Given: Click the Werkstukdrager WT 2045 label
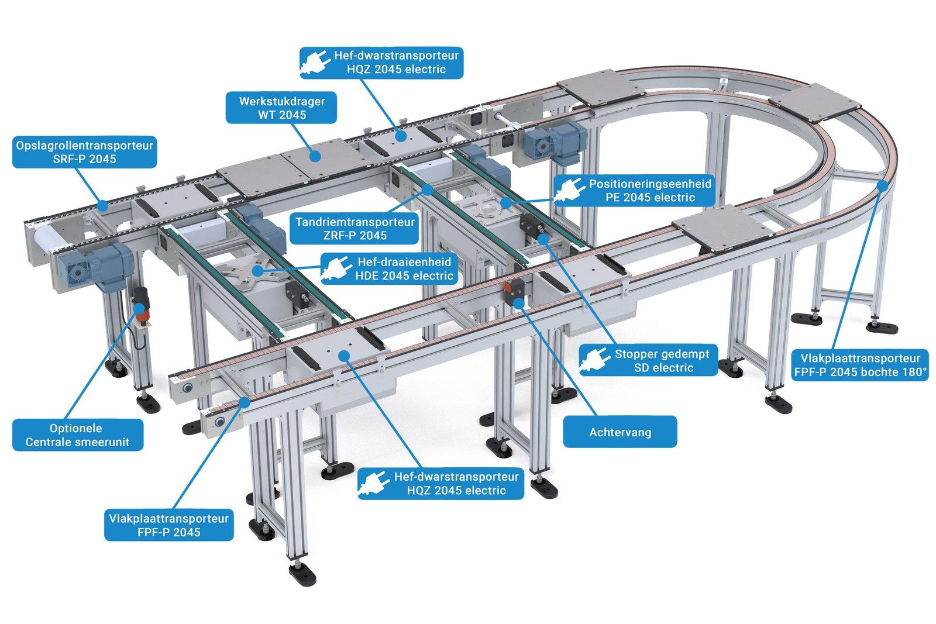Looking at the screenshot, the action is (x=281, y=108).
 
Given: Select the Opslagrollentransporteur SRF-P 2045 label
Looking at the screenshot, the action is (x=85, y=152).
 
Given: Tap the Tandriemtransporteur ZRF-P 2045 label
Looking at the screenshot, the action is (x=355, y=229).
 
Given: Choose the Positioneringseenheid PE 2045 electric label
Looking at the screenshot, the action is (x=634, y=191).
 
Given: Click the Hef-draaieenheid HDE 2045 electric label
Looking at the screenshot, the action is (x=389, y=268).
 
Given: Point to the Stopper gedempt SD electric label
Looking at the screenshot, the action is (x=649, y=360).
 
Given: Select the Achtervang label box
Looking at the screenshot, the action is (x=620, y=432).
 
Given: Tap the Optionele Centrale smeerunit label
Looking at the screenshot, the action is (x=78, y=435).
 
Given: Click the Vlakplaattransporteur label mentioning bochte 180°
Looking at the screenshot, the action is (x=860, y=365).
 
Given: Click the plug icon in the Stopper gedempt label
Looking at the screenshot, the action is (x=595, y=360).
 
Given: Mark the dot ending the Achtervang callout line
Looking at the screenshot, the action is (x=518, y=303).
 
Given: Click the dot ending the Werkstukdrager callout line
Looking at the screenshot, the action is (x=315, y=156).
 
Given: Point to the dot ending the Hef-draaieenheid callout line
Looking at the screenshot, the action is (x=257, y=271).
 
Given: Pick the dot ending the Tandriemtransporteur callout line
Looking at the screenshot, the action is (x=427, y=190).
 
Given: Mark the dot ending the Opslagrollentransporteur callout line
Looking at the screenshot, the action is (x=102, y=205).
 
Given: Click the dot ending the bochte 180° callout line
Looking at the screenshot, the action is (x=882, y=185).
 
